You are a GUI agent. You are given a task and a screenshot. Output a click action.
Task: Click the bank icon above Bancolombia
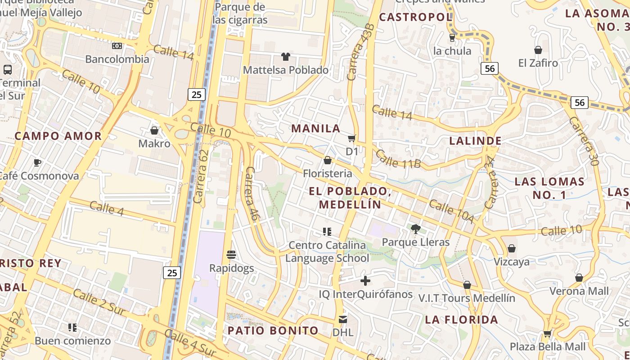tap(117, 46)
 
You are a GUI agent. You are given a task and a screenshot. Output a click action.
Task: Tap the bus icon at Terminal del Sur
tap(8, 70)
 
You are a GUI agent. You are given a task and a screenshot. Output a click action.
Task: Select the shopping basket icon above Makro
tap(154, 130)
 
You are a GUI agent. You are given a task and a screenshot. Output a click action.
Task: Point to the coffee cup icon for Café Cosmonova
tap(37, 162)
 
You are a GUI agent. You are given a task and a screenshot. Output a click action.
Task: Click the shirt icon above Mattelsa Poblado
tap(286, 57)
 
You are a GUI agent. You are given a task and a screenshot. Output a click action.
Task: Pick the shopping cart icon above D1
tap(351, 138)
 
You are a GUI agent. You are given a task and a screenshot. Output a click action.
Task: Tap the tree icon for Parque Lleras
tap(415, 229)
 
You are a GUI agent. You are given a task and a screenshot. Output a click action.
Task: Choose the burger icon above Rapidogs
tap(231, 255)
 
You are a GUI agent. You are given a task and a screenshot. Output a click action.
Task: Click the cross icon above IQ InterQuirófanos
tap(365, 281)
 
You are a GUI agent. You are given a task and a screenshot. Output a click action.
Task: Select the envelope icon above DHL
tap(343, 319)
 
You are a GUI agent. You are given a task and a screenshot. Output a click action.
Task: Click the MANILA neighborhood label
tap(316, 128)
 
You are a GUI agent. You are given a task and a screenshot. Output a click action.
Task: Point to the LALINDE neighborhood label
tap(475, 141)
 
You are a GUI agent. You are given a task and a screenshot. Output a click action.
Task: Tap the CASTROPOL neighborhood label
tap(415, 18)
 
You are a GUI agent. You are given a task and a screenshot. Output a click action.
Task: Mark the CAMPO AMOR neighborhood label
tap(58, 136)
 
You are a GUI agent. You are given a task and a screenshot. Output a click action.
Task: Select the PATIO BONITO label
tap(273, 331)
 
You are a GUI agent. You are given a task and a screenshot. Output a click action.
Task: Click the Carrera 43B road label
tap(360, 52)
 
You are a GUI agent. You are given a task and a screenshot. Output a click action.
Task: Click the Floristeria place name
tap(327, 174)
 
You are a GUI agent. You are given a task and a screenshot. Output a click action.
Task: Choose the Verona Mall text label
tap(579, 291)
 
